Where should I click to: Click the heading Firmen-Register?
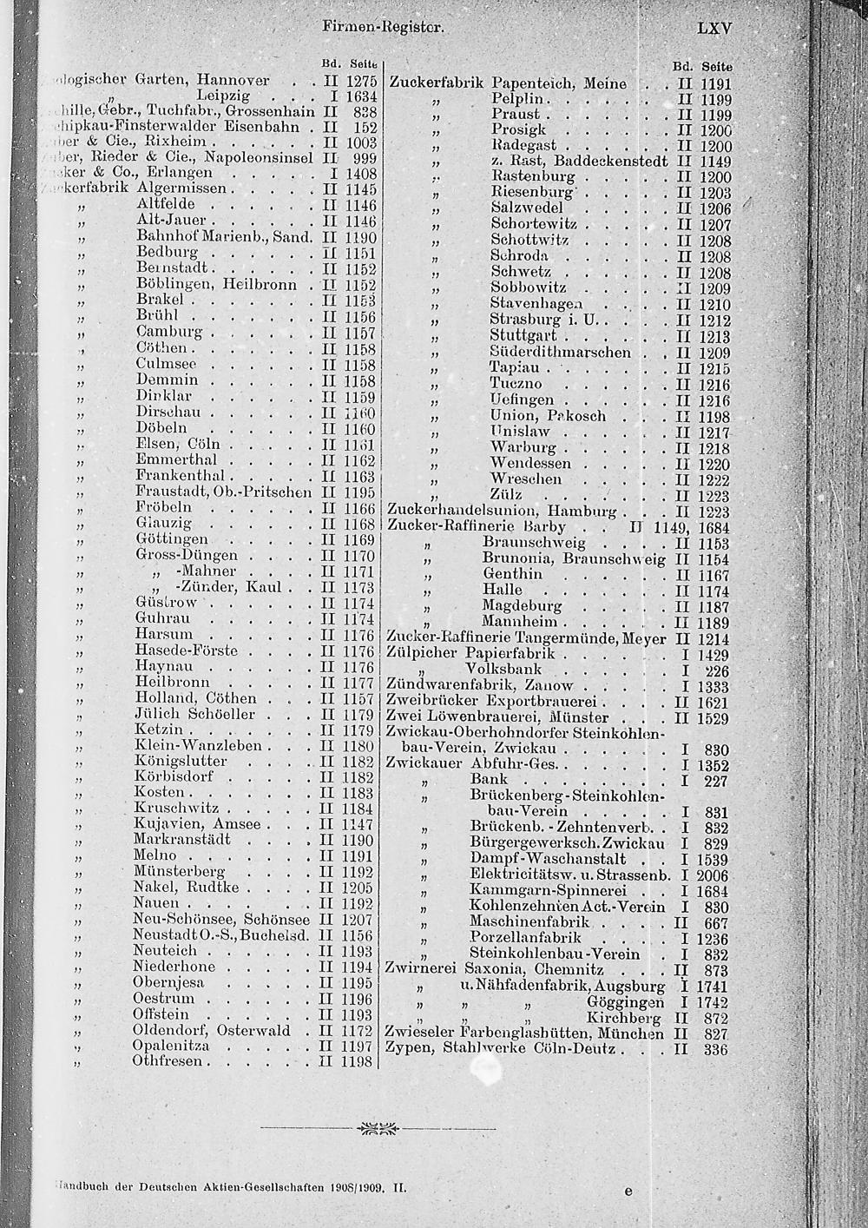coord(377,27)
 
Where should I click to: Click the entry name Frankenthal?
coord(181,475)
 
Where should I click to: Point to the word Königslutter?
coord(181,761)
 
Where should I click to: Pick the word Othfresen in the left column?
coord(168,1061)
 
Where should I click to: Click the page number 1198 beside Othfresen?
coord(358,1062)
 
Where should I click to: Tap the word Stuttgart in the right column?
coord(523,336)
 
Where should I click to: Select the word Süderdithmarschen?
coord(561,352)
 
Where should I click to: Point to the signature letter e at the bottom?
coord(628,1192)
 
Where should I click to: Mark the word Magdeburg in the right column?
coord(523,605)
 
